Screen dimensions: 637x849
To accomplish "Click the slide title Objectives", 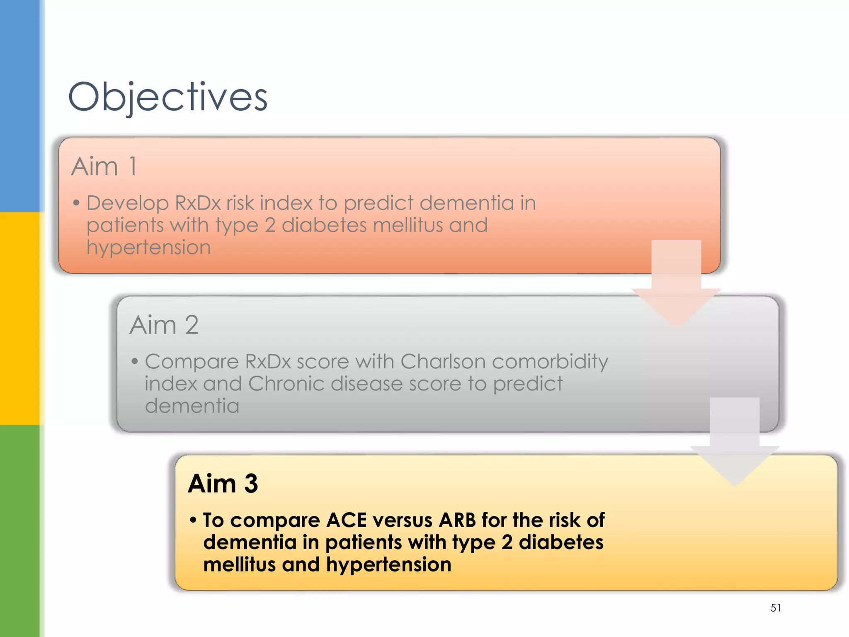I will [x=167, y=97].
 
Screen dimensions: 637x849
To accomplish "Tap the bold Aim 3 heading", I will [x=223, y=484].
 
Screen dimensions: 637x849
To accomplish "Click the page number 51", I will [x=775, y=608].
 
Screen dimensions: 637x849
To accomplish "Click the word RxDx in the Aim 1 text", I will [x=198, y=203].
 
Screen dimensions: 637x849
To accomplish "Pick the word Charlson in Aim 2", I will [x=443, y=362].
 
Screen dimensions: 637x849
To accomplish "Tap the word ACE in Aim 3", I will [x=347, y=520].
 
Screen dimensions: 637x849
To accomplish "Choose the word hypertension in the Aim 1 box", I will [x=148, y=248].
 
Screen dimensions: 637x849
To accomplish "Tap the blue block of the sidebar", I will [x=19, y=106].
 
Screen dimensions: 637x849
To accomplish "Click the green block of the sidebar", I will [x=19, y=531].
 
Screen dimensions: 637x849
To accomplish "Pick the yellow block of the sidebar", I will [x=19, y=318].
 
